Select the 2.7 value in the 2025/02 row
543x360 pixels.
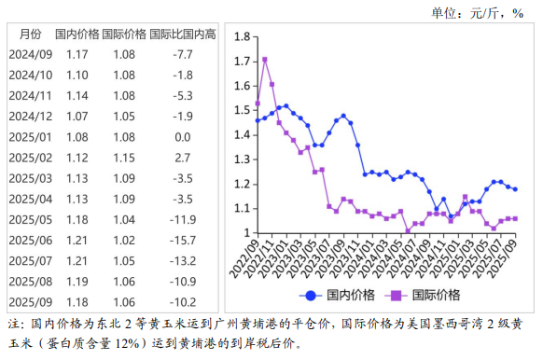182,158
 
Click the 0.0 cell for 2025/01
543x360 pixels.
182,137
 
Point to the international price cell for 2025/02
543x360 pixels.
123,158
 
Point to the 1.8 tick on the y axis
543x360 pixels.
242,37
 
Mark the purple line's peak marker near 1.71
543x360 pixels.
265,60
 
